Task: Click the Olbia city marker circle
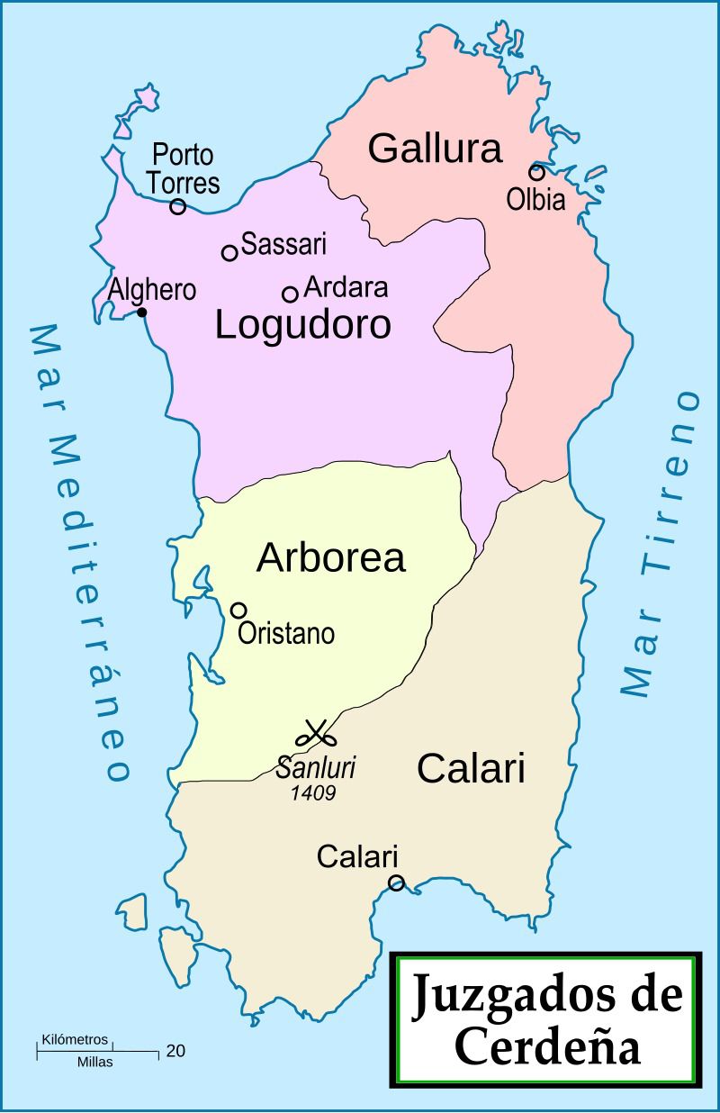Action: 536,173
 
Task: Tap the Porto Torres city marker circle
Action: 178,207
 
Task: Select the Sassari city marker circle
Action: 229,253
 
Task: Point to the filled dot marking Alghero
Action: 141,312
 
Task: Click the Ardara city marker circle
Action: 290,294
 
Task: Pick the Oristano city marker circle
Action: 238,611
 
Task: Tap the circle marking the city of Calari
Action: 396,882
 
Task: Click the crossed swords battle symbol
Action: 316,734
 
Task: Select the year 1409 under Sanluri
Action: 314,793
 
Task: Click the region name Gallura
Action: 435,149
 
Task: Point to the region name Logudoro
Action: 303,325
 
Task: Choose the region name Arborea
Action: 331,558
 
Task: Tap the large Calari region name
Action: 472,769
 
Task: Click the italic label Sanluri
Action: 316,770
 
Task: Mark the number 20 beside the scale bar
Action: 175,1050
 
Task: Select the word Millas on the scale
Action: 95,1063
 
